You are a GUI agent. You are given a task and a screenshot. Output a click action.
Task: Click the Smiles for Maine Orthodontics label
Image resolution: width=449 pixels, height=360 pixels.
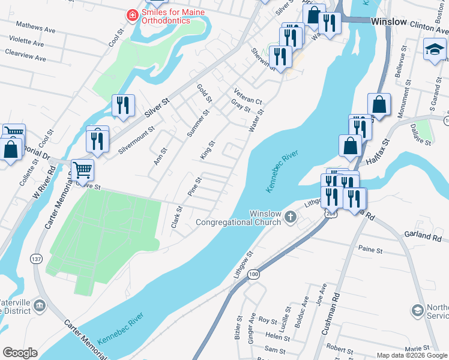pos(173,16)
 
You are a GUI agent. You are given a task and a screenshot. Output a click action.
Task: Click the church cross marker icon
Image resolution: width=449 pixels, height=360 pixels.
pos(291,216)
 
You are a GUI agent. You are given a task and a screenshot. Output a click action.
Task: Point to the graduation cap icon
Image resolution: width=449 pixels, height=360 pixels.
pos(435,49)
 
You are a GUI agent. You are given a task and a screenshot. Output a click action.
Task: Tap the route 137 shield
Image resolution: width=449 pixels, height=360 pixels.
pos(37,259)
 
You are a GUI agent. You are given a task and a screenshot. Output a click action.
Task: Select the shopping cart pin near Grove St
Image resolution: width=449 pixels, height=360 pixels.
pos(82,169)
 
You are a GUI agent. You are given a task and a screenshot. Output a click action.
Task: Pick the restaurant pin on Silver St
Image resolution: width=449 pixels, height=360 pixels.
pos(122,105)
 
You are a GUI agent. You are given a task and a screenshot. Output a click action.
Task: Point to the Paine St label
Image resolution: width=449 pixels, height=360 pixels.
pos(370,249)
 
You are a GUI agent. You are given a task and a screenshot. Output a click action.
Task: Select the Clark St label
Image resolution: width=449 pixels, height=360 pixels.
pos(176,217)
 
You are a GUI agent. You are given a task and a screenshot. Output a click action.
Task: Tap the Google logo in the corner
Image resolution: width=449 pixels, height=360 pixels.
pos(20,353)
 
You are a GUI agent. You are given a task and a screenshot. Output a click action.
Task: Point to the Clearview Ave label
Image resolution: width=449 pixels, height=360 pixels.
pos(25,58)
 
